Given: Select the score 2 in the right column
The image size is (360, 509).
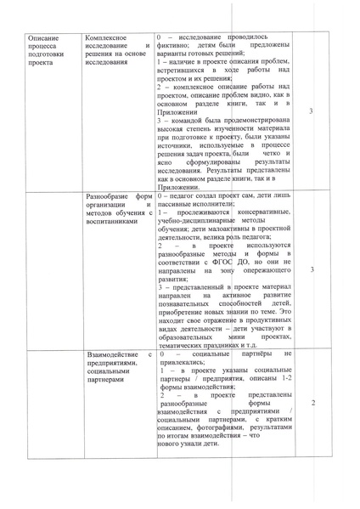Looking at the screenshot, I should (x=314, y=401).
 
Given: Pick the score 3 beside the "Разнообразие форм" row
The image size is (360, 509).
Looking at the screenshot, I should (x=313, y=269).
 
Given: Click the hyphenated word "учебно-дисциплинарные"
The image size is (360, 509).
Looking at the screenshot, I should (x=196, y=221).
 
